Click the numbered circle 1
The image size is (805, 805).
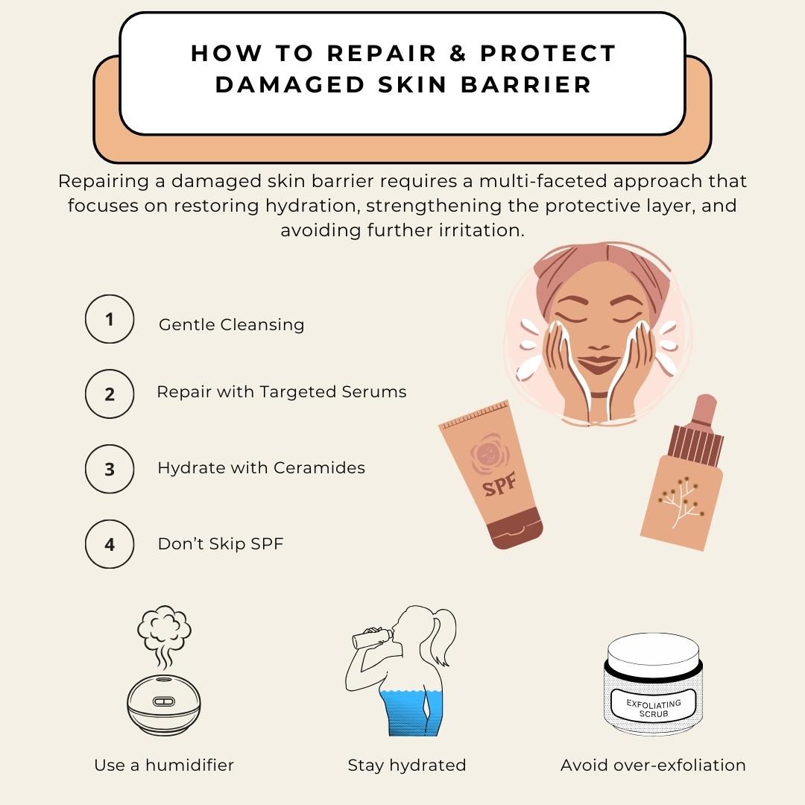(x=110, y=320)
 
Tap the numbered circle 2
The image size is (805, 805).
(x=110, y=393)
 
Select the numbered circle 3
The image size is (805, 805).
(x=110, y=469)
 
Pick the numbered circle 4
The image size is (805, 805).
(x=110, y=544)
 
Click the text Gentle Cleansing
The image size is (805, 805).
(x=231, y=325)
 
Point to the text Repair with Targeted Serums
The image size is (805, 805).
(x=281, y=392)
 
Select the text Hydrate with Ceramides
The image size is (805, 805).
(x=261, y=468)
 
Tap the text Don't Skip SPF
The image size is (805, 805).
(x=221, y=544)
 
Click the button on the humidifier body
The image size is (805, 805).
(x=164, y=701)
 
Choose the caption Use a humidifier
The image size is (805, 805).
(x=164, y=765)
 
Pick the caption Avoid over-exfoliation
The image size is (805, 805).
(x=653, y=765)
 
